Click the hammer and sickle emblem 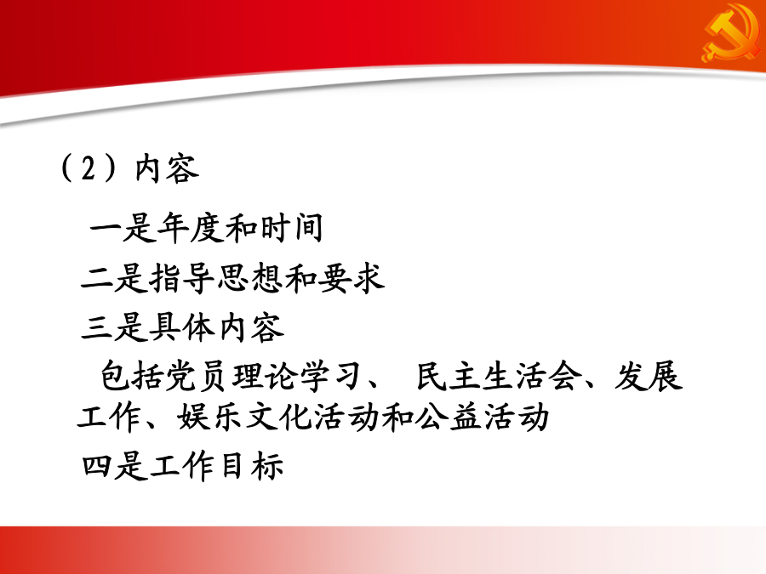coord(731,32)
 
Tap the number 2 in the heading coord(89,169)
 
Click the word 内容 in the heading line coord(167,169)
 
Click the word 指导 coord(182,278)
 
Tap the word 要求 coord(352,278)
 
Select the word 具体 coord(182,327)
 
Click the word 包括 coord(133,376)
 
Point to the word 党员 coord(199,376)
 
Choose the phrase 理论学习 coord(298,376)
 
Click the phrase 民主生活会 coord(499,376)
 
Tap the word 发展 coord(648,376)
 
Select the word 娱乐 coord(210,418)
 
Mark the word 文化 coord(278,418)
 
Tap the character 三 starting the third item coord(97,327)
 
